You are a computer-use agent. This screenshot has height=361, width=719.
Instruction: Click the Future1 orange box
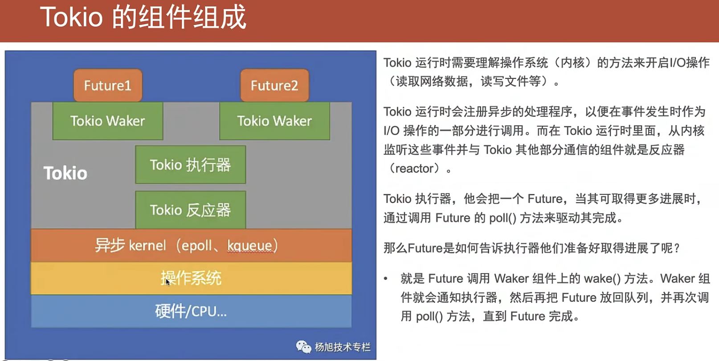pyautogui.click(x=108, y=86)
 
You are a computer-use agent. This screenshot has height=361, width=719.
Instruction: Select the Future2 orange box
pyautogui.click(x=275, y=86)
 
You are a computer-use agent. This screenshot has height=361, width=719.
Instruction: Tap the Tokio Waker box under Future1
pyautogui.click(x=108, y=121)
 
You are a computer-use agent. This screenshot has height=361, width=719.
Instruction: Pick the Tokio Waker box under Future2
pyautogui.click(x=275, y=121)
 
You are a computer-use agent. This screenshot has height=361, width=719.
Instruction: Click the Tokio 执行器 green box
pyautogui.click(x=191, y=165)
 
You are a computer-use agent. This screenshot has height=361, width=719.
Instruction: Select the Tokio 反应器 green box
pyautogui.click(x=191, y=210)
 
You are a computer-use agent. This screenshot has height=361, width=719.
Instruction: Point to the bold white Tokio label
pyautogui.click(x=65, y=173)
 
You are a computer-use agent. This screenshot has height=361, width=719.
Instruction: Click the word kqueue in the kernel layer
pyautogui.click(x=250, y=246)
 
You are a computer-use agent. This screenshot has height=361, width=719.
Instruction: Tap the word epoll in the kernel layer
pyautogui.click(x=196, y=246)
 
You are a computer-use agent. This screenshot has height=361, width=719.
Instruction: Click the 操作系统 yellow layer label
pyautogui.click(x=191, y=278)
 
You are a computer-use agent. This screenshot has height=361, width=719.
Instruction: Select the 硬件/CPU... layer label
pyautogui.click(x=191, y=311)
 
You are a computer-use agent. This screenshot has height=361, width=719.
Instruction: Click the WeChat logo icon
pyautogui.click(x=303, y=347)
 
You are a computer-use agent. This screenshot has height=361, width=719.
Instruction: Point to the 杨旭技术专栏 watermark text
pyautogui.click(x=343, y=347)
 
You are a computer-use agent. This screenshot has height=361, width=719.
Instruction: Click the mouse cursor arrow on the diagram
pyautogui.click(x=167, y=282)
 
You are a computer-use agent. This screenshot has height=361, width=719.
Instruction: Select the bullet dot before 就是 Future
pyautogui.click(x=386, y=279)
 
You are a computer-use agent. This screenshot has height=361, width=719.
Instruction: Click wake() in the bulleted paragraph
pyautogui.click(x=602, y=279)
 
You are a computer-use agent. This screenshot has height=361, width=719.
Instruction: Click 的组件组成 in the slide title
pyautogui.click(x=179, y=17)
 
